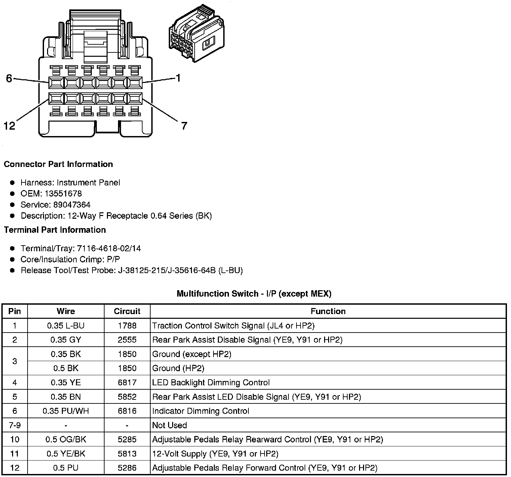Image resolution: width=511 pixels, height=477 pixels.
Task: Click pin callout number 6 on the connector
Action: point(9,78)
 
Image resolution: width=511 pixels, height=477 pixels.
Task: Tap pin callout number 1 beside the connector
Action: point(178,78)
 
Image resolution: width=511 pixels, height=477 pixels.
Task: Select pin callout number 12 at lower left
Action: point(9,126)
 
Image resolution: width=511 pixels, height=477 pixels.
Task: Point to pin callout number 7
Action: point(184,126)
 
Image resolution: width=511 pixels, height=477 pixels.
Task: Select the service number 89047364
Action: point(72,205)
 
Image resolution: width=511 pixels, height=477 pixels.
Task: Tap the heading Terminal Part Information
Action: point(55,230)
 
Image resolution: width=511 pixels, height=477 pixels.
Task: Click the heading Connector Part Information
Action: point(58,164)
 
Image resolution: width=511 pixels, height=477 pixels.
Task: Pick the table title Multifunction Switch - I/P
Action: point(254,294)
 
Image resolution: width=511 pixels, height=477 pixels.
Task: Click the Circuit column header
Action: point(127,311)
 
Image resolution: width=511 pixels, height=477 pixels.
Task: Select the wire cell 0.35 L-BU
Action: point(66,326)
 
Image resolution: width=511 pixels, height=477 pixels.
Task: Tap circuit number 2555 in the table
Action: point(127,340)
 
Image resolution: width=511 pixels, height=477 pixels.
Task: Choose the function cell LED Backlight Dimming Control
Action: point(211,383)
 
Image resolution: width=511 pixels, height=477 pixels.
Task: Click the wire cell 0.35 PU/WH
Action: point(66,411)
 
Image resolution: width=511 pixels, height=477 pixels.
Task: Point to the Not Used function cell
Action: point(169,425)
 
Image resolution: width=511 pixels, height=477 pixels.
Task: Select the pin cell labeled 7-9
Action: point(14,425)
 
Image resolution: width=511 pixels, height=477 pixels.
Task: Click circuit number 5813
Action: point(127,454)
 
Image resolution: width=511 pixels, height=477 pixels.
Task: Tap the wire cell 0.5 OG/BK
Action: point(66,439)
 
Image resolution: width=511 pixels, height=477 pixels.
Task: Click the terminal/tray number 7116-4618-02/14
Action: point(109,249)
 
